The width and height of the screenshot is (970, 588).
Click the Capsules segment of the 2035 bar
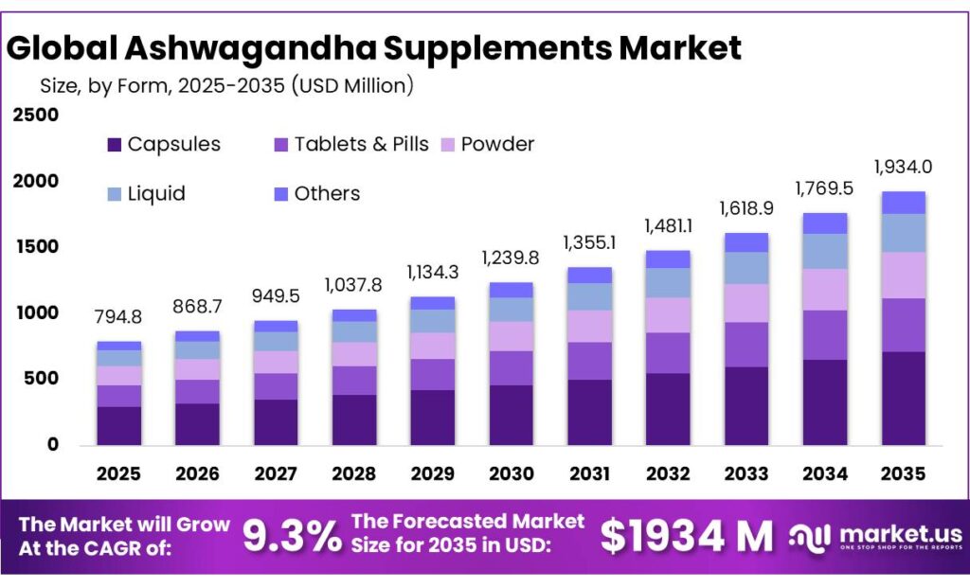(x=903, y=398)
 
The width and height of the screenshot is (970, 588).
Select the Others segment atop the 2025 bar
(x=118, y=346)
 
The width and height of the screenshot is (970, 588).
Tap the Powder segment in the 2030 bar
(x=511, y=336)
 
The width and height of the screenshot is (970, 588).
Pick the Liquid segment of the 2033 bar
(x=745, y=268)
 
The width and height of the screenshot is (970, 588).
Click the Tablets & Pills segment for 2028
(x=353, y=380)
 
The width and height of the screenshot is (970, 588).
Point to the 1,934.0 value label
(x=903, y=167)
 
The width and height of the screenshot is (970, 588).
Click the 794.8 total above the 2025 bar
(x=118, y=316)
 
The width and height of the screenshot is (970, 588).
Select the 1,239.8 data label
(x=511, y=258)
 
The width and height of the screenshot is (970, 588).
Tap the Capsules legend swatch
(x=115, y=145)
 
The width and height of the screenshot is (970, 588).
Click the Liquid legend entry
(x=156, y=194)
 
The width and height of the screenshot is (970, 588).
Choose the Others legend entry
(x=327, y=194)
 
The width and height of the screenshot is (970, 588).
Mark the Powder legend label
(x=497, y=145)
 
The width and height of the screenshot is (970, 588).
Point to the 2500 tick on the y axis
(x=35, y=116)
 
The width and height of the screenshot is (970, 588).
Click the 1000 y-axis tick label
(x=35, y=313)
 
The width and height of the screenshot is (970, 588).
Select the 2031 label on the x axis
(x=589, y=472)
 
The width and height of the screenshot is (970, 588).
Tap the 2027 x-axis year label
(x=276, y=472)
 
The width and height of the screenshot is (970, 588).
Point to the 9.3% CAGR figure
(x=292, y=537)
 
